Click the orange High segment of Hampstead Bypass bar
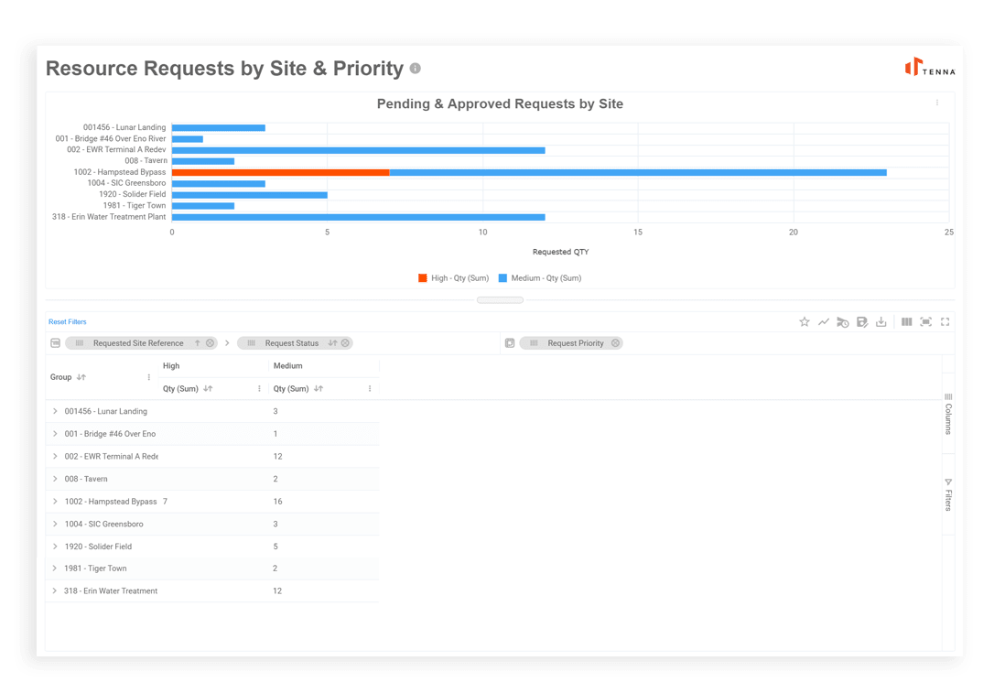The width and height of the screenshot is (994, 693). click(x=280, y=172)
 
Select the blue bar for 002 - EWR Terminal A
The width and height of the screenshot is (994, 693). click(x=358, y=150)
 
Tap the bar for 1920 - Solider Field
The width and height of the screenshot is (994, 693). click(x=249, y=195)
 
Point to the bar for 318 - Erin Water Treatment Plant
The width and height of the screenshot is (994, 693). click(x=358, y=217)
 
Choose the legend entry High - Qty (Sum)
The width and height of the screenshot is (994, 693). click(x=454, y=278)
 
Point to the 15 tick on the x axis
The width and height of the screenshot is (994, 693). click(x=638, y=233)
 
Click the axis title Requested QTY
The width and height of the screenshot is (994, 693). click(x=560, y=252)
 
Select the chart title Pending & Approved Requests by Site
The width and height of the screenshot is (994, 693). click(x=500, y=104)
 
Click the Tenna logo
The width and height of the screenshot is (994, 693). click(x=929, y=68)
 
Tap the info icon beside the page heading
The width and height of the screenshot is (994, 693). click(x=416, y=69)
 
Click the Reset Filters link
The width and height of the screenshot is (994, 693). click(x=68, y=322)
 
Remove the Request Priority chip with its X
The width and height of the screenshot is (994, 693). click(x=616, y=343)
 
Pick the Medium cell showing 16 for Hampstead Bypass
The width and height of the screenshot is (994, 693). click(x=277, y=502)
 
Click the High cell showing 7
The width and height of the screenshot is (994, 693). click(x=165, y=502)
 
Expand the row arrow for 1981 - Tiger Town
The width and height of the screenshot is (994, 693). click(x=55, y=568)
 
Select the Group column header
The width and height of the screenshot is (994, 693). click(x=61, y=377)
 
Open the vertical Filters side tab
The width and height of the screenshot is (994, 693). click(x=948, y=494)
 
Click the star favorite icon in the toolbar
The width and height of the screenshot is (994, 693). click(x=805, y=322)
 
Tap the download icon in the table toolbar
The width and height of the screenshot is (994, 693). click(x=881, y=322)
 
